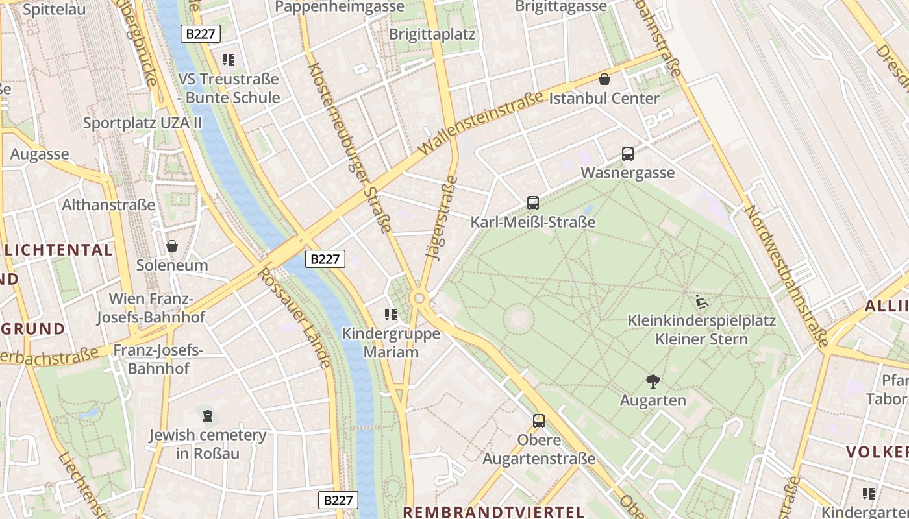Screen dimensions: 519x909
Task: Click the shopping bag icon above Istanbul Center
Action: pyautogui.click(x=604, y=79)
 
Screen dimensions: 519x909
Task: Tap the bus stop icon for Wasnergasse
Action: pyautogui.click(x=627, y=154)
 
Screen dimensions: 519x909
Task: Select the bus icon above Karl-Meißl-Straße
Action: pyautogui.click(x=533, y=203)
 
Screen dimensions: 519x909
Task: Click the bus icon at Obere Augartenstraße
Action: pyautogui.click(x=539, y=420)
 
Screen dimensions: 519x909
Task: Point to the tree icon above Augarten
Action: pyautogui.click(x=653, y=381)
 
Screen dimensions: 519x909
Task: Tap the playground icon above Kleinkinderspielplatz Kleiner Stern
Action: pyautogui.click(x=701, y=302)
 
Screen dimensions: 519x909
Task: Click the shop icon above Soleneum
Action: pyautogui.click(x=172, y=246)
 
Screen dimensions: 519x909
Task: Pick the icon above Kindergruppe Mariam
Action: pyautogui.click(x=391, y=315)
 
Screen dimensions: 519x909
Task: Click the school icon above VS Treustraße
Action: pyautogui.click(x=228, y=60)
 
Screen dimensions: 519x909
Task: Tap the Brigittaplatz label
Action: pyautogui.click(x=432, y=34)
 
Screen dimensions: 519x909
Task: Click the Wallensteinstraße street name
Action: pyautogui.click(x=481, y=123)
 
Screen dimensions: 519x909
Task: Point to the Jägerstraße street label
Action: pyautogui.click(x=442, y=218)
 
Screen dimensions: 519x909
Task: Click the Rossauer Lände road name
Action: pyautogui.click(x=295, y=318)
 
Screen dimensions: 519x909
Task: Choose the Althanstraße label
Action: pyautogui.click(x=108, y=205)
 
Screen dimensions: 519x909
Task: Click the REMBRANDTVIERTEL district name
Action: pyautogui.click(x=493, y=511)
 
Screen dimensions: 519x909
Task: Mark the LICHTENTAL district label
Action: pyautogui.click(x=58, y=250)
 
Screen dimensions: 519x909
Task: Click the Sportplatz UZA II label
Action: pyautogui.click(x=142, y=123)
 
